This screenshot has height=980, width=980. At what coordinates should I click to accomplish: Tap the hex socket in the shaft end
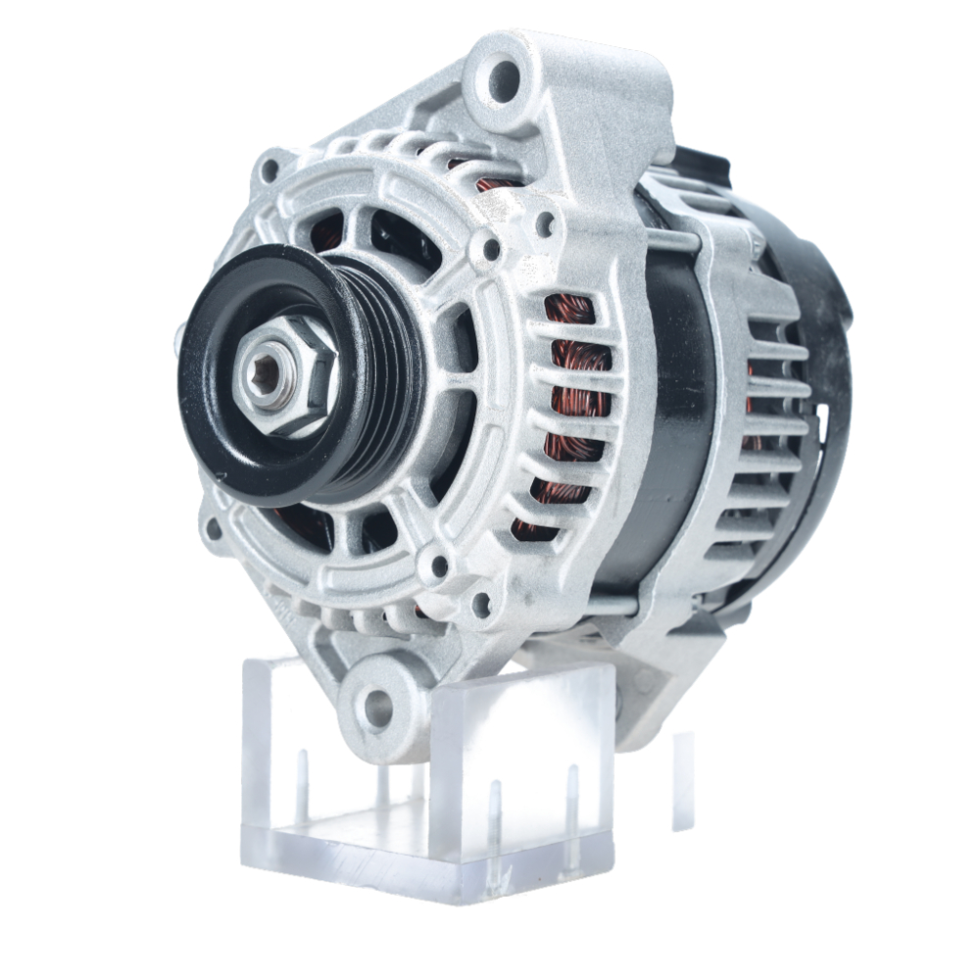(263, 374)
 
